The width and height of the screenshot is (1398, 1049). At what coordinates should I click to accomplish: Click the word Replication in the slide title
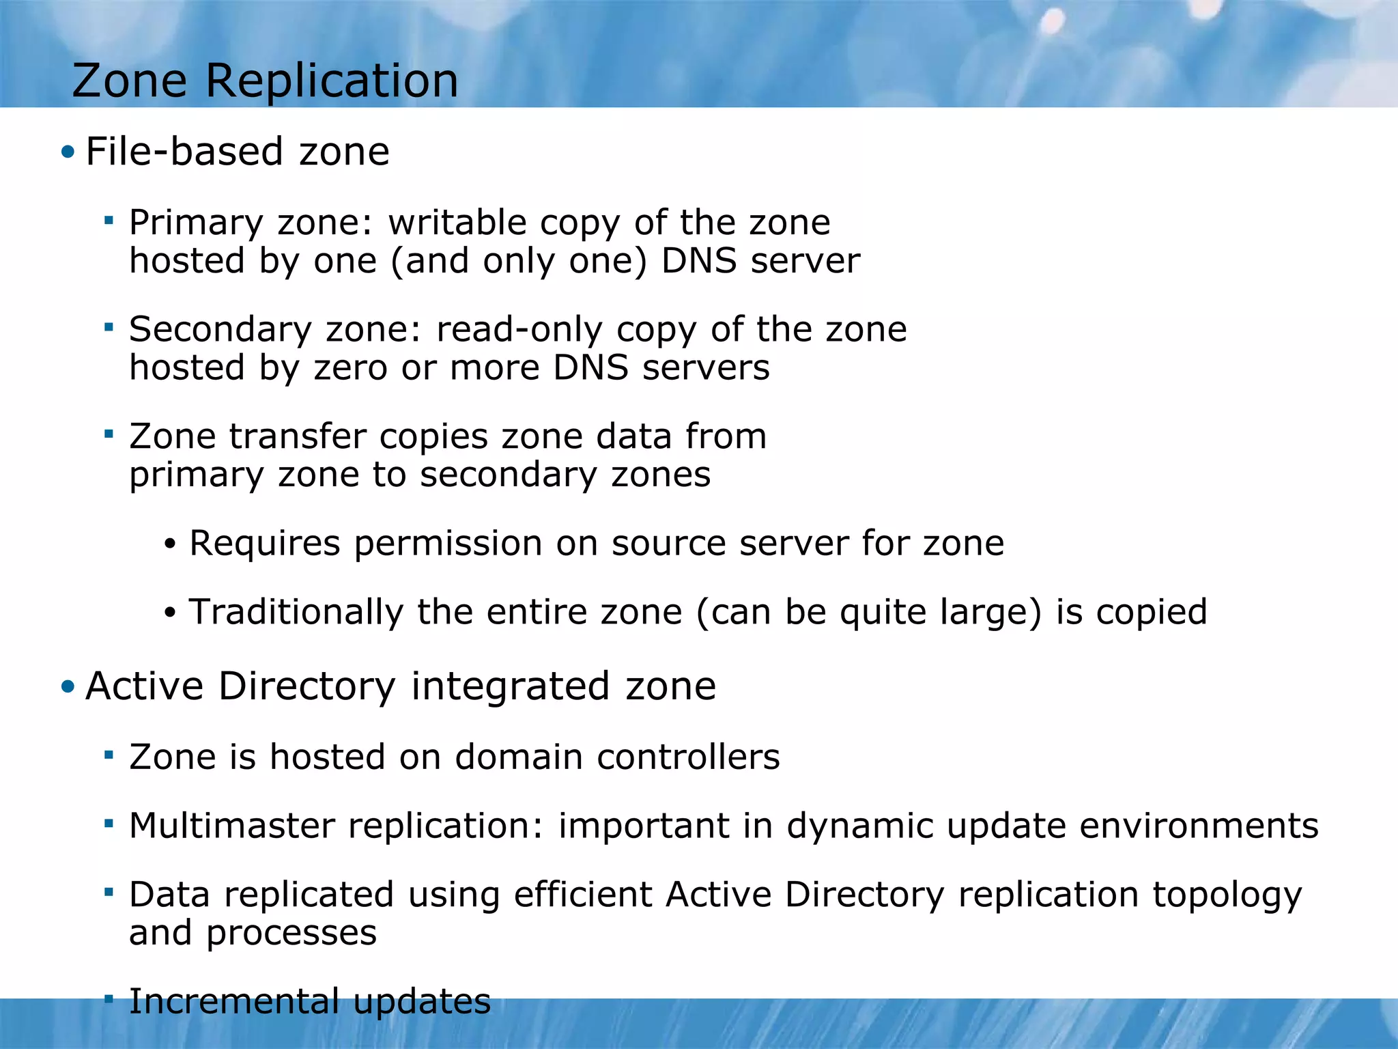coord(332,81)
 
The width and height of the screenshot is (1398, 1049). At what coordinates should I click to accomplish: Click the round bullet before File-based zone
coord(67,152)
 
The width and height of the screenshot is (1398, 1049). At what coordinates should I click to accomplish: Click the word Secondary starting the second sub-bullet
coord(220,329)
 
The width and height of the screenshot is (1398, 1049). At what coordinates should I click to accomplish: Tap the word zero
coord(351,367)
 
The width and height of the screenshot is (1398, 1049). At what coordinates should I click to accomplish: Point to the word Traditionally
coord(296,612)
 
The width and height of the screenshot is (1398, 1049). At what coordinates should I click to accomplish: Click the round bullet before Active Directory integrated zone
coord(67,686)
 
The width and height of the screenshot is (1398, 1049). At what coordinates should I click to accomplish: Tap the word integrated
coord(509,686)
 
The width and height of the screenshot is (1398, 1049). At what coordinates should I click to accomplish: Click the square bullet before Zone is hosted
coord(108,755)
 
